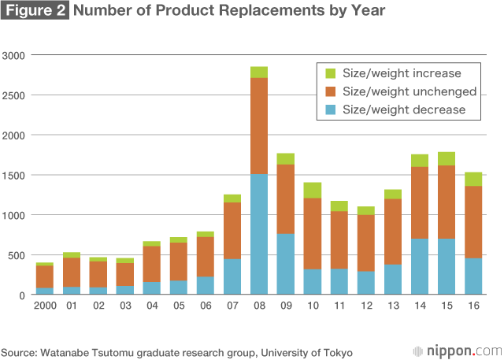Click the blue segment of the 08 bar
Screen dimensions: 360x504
(x=259, y=235)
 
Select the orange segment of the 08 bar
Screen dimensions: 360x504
(x=259, y=126)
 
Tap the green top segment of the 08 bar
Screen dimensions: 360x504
(x=259, y=72)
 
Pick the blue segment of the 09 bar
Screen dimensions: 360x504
(x=286, y=264)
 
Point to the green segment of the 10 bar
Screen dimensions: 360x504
(x=313, y=190)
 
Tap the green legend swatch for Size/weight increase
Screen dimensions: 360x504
(x=329, y=73)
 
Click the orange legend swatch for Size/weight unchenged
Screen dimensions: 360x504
(x=329, y=91)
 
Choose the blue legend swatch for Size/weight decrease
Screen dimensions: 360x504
(x=329, y=109)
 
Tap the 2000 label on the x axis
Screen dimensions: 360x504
(x=45, y=306)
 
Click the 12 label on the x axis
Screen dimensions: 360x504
(x=366, y=306)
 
